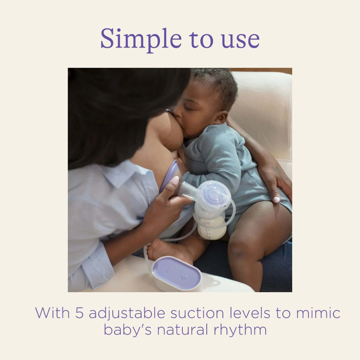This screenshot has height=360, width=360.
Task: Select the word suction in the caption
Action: tap(193, 313)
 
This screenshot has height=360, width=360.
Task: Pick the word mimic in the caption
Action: tap(318, 313)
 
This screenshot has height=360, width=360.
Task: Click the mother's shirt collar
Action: tap(122, 176)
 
